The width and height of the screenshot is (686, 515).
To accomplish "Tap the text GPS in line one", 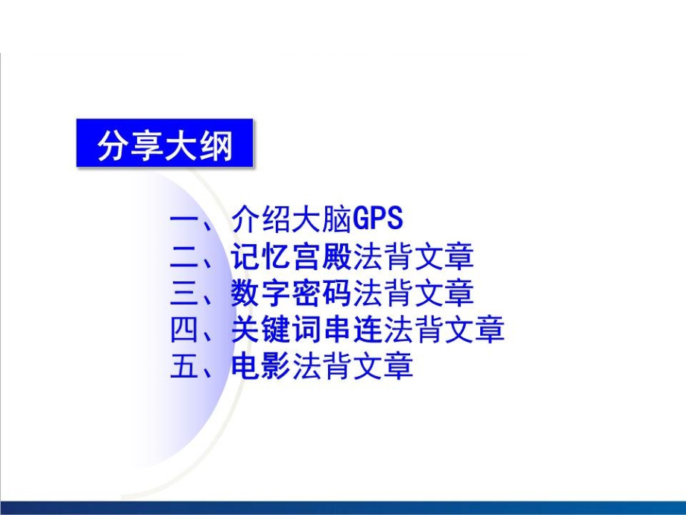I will click(377, 219).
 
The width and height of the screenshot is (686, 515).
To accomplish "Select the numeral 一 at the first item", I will click(183, 219).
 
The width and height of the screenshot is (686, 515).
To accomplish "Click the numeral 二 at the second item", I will click(183, 257).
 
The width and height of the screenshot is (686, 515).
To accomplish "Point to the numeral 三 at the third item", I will click(183, 293).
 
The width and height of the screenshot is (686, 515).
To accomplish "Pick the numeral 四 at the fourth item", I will click(183, 329).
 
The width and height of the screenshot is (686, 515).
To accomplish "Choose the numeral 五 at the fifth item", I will click(183, 366).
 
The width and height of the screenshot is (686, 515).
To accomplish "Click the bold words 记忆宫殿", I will click(291, 257).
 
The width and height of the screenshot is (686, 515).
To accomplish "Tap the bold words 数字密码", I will click(291, 293).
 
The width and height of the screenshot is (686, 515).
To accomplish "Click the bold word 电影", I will click(260, 366).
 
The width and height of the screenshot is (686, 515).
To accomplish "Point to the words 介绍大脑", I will click(291, 219).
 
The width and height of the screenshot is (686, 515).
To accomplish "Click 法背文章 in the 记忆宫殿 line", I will click(413, 257).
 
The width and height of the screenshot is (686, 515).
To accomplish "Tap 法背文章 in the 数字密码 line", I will click(413, 293).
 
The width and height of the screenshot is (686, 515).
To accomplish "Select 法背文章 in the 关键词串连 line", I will click(444, 329).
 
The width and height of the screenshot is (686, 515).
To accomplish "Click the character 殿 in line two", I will click(337, 257).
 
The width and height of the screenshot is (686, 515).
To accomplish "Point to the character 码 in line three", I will click(337, 293).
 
